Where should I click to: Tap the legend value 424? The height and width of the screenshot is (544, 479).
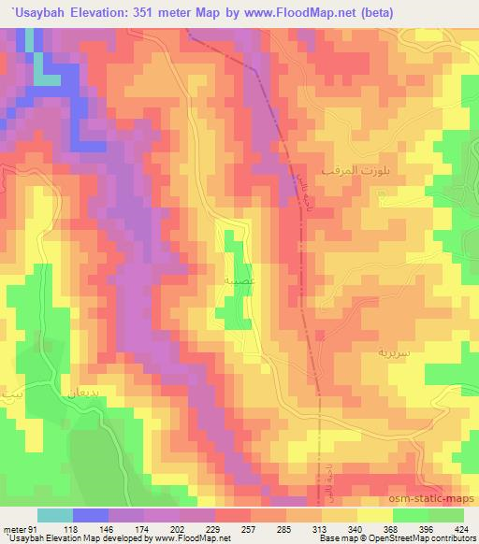(461, 528)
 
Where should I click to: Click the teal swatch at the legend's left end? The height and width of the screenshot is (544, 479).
(56, 515)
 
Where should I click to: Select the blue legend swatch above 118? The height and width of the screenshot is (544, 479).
(91, 515)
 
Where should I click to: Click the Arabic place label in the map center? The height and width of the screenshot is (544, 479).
(233, 279)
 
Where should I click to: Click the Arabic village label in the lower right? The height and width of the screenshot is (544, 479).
(364, 355)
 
